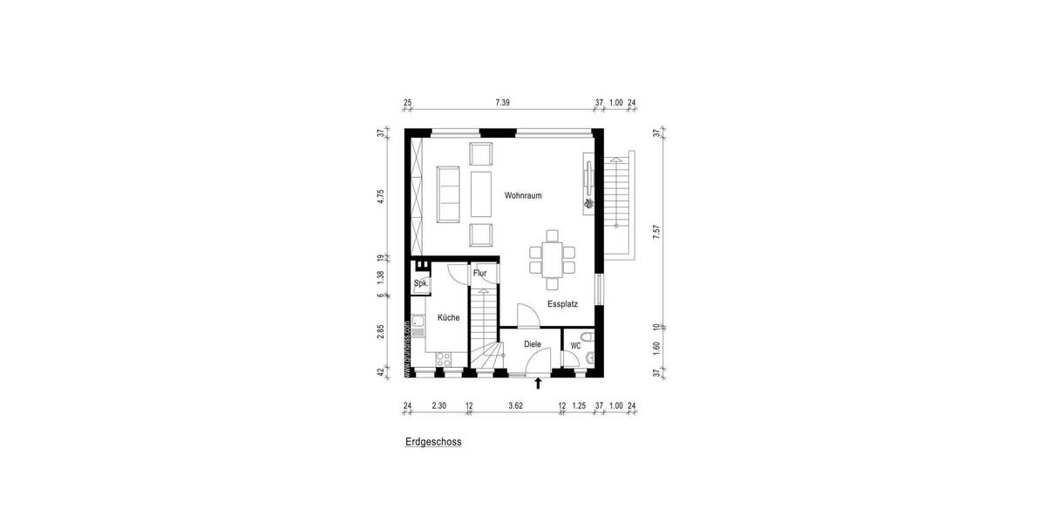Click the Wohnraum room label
click(x=523, y=195)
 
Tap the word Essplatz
click(x=563, y=304)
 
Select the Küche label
click(x=449, y=318)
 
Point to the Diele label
click(x=533, y=344)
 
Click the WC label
click(x=575, y=346)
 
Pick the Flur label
click(x=479, y=273)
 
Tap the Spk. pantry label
click(x=420, y=284)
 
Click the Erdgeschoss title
click(x=433, y=442)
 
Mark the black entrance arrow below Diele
click(x=539, y=383)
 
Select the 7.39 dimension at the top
click(x=502, y=103)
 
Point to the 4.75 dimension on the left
click(x=381, y=195)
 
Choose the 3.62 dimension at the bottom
click(x=516, y=405)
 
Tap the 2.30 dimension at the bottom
click(x=438, y=405)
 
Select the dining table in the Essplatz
click(x=552, y=258)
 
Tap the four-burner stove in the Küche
click(x=444, y=357)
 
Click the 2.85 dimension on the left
click(x=381, y=332)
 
